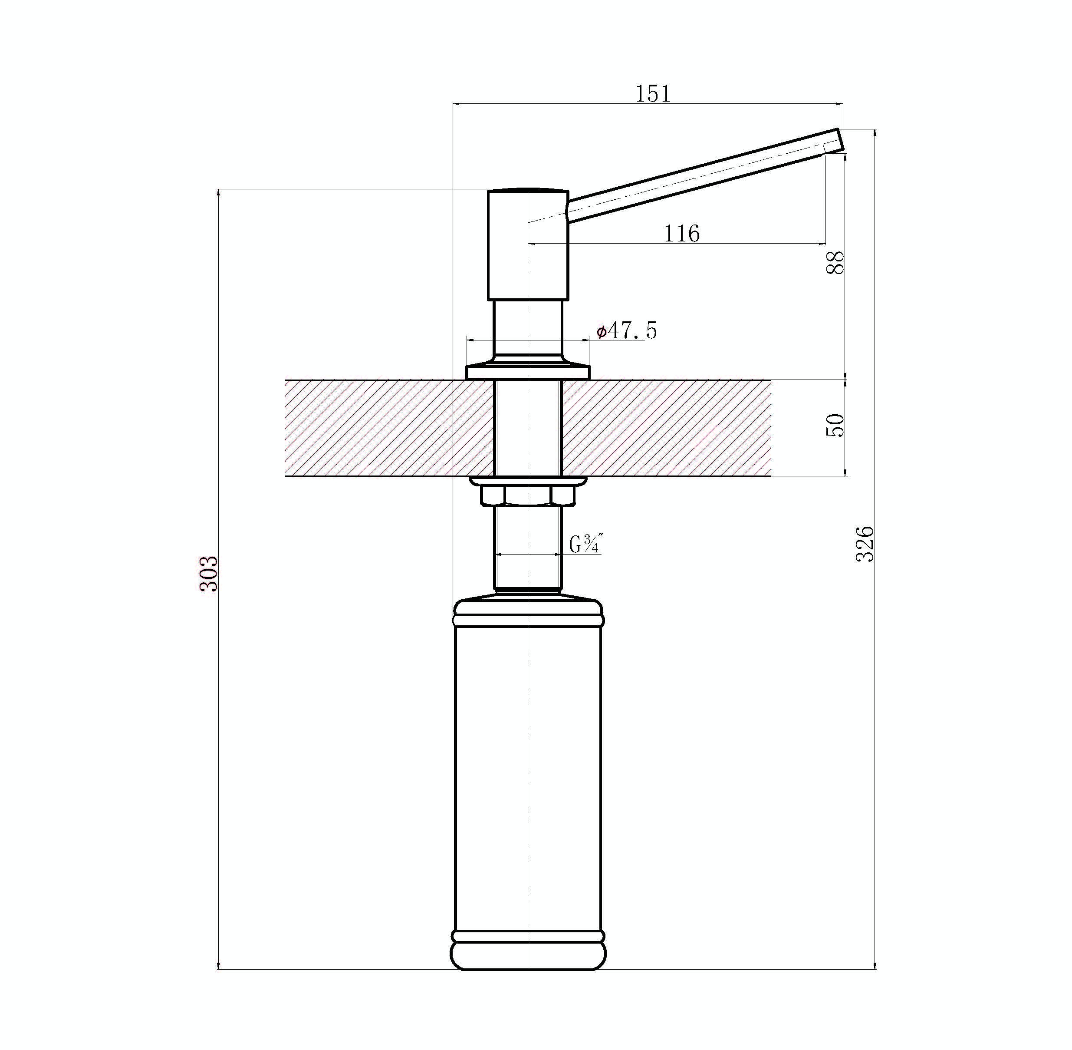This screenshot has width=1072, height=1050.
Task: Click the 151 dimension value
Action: pos(653,94)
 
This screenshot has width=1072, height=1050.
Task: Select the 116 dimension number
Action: pos(682,233)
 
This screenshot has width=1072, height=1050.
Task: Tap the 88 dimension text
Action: pos(835,262)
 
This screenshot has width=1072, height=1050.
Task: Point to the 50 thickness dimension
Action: pos(835,425)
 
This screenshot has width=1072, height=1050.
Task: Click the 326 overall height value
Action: pos(865,544)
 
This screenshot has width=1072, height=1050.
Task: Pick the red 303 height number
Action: pos(209,574)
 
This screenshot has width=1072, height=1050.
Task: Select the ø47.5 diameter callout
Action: pos(627,330)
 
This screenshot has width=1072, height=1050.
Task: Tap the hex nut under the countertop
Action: pos(527,494)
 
